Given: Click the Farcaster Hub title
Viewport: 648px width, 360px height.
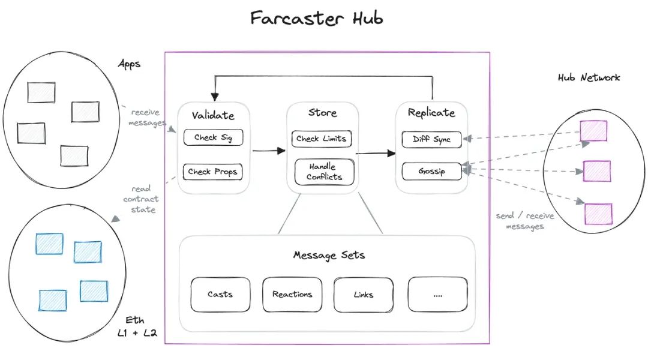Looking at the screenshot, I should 316,18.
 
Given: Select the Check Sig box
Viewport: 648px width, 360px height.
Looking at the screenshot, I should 213,138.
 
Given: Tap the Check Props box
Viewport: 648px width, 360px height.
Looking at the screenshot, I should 213,172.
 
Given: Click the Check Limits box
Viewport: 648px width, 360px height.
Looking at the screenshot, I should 321,139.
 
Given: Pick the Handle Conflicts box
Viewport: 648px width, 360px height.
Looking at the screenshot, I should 323,172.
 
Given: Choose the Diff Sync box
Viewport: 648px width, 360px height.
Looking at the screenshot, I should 432,139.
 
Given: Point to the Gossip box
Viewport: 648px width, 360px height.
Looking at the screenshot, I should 432,171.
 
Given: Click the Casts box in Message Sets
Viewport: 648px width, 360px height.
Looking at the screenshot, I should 220,295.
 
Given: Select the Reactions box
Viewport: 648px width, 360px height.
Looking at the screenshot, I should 292,295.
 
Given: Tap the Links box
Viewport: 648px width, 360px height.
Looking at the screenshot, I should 363,295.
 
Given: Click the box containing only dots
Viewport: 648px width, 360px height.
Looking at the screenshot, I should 437,295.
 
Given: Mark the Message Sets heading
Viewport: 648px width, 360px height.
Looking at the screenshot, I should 329,255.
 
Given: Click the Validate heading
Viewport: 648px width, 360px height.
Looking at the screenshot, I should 213,115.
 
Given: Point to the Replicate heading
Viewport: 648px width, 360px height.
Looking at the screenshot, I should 431,113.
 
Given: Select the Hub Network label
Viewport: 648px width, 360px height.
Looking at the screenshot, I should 589,77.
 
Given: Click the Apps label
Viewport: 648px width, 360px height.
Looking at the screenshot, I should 130,63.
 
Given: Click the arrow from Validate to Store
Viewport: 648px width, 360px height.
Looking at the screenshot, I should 269,151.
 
